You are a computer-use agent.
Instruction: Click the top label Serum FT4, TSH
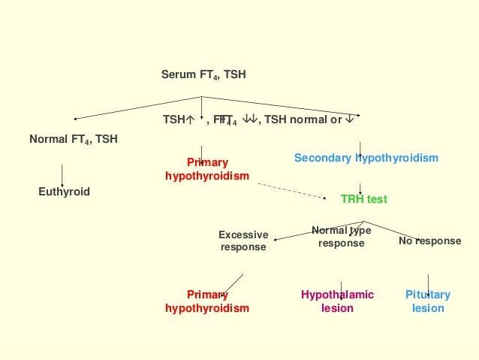(203, 75)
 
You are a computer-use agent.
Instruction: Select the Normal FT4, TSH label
(73, 139)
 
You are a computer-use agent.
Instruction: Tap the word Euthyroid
(64, 192)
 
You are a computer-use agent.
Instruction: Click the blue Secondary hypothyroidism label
(366, 159)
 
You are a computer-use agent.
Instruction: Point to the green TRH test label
(364, 199)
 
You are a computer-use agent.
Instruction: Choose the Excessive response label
(243, 241)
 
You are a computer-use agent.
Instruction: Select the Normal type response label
(341, 237)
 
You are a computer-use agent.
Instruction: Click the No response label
(429, 241)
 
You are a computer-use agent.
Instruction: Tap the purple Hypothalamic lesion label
(337, 301)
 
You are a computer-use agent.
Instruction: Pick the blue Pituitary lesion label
(427, 301)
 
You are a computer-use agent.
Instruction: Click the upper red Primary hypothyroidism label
(207, 169)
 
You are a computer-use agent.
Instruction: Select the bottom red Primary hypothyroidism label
(207, 301)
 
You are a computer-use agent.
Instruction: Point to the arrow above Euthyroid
(62, 174)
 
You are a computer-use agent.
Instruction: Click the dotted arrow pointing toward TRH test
(294, 189)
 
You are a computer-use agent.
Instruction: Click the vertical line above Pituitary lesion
(428, 283)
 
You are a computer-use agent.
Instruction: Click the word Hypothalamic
(337, 295)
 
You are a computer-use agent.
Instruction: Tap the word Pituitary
(427, 295)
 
